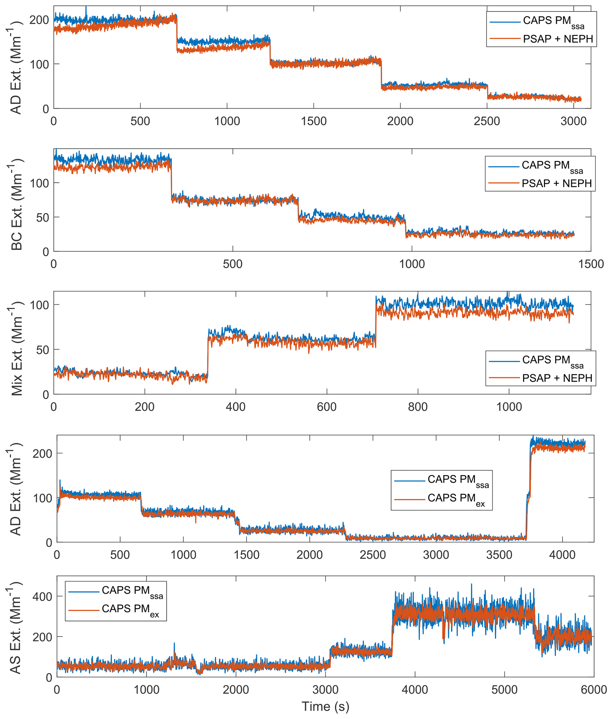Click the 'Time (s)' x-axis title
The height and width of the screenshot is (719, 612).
tap(325, 706)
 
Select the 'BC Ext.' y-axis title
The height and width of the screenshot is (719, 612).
tap(16, 204)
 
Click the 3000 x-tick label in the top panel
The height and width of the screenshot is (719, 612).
tap(574, 121)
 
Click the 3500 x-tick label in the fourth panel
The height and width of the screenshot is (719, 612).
tap(499, 555)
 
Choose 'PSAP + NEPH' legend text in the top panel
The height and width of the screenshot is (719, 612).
tap(558, 39)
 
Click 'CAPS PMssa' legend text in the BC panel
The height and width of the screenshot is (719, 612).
tap(552, 166)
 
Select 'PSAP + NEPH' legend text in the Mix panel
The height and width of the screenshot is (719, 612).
tap(557, 378)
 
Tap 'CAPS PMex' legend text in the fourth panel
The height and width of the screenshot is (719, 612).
tap(456, 499)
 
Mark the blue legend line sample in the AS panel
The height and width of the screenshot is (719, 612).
tap(84, 592)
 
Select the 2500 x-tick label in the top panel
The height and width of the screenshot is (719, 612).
tap(487, 121)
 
